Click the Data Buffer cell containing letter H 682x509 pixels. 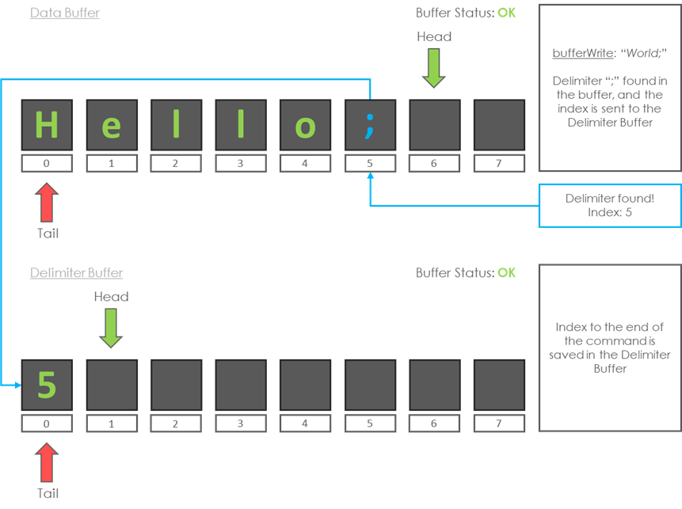tap(47, 125)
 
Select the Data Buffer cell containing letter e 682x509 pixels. tap(111, 125)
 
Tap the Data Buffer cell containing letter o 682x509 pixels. tap(305, 125)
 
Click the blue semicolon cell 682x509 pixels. tap(369, 125)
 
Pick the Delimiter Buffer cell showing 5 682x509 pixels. tap(47, 385)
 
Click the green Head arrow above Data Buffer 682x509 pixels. tap(434, 67)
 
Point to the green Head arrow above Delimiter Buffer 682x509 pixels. tap(111, 327)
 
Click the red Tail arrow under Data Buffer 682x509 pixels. tap(48, 202)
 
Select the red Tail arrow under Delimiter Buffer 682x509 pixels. tap(48, 462)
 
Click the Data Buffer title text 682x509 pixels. tap(65, 13)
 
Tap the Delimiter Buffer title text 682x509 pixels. tap(77, 273)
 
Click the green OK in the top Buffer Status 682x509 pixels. tap(506, 13)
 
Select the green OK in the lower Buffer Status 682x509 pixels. tap(506, 273)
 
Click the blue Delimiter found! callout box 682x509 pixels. tap(610, 206)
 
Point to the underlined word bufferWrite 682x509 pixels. tap(582, 54)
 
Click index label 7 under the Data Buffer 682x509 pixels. tap(498, 164)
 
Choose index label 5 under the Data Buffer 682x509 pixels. tap(369, 164)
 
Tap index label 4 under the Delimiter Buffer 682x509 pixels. tap(305, 424)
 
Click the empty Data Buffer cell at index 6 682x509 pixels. tap(434, 125)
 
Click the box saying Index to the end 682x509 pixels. tap(610, 348)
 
